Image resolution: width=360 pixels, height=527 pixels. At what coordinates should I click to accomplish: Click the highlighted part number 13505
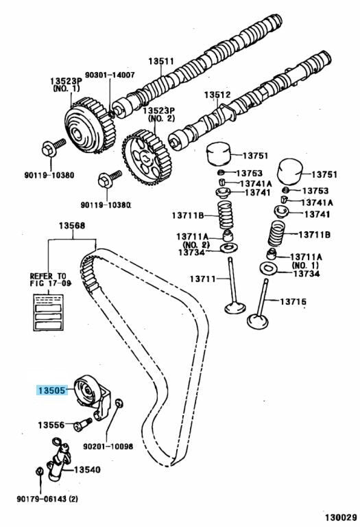coord(51,390)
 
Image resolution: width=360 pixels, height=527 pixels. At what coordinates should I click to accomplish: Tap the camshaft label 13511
coord(161,61)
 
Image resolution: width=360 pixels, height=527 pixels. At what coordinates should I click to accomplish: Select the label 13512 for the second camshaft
coord(217,95)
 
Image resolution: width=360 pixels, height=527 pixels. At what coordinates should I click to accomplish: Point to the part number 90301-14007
coord(110,75)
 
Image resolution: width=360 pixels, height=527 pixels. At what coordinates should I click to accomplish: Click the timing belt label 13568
coord(72,226)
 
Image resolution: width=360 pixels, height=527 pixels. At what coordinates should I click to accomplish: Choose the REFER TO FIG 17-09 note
coord(50,279)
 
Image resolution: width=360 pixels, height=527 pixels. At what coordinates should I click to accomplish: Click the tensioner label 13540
coord(87,469)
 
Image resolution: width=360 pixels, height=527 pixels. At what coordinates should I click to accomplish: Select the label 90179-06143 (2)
coord(47,499)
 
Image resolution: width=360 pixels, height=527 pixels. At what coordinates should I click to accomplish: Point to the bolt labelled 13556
coord(82,424)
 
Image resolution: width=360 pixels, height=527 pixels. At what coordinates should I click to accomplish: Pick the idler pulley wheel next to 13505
coord(86,390)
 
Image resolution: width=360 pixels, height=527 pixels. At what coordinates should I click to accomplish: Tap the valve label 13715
coord(293,301)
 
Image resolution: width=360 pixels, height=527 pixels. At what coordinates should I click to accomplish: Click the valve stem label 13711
coord(203,279)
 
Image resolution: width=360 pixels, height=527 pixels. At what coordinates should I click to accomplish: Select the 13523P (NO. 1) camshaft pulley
coord(90,126)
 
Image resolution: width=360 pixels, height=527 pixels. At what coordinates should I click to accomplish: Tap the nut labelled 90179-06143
coord(39,471)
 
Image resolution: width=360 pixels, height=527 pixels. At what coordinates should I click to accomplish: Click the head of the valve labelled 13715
coord(258,320)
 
